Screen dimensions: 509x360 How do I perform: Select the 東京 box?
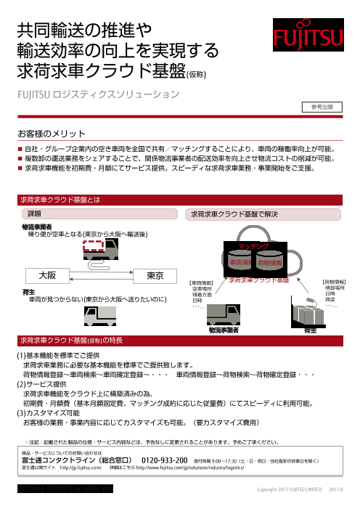[154, 276]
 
